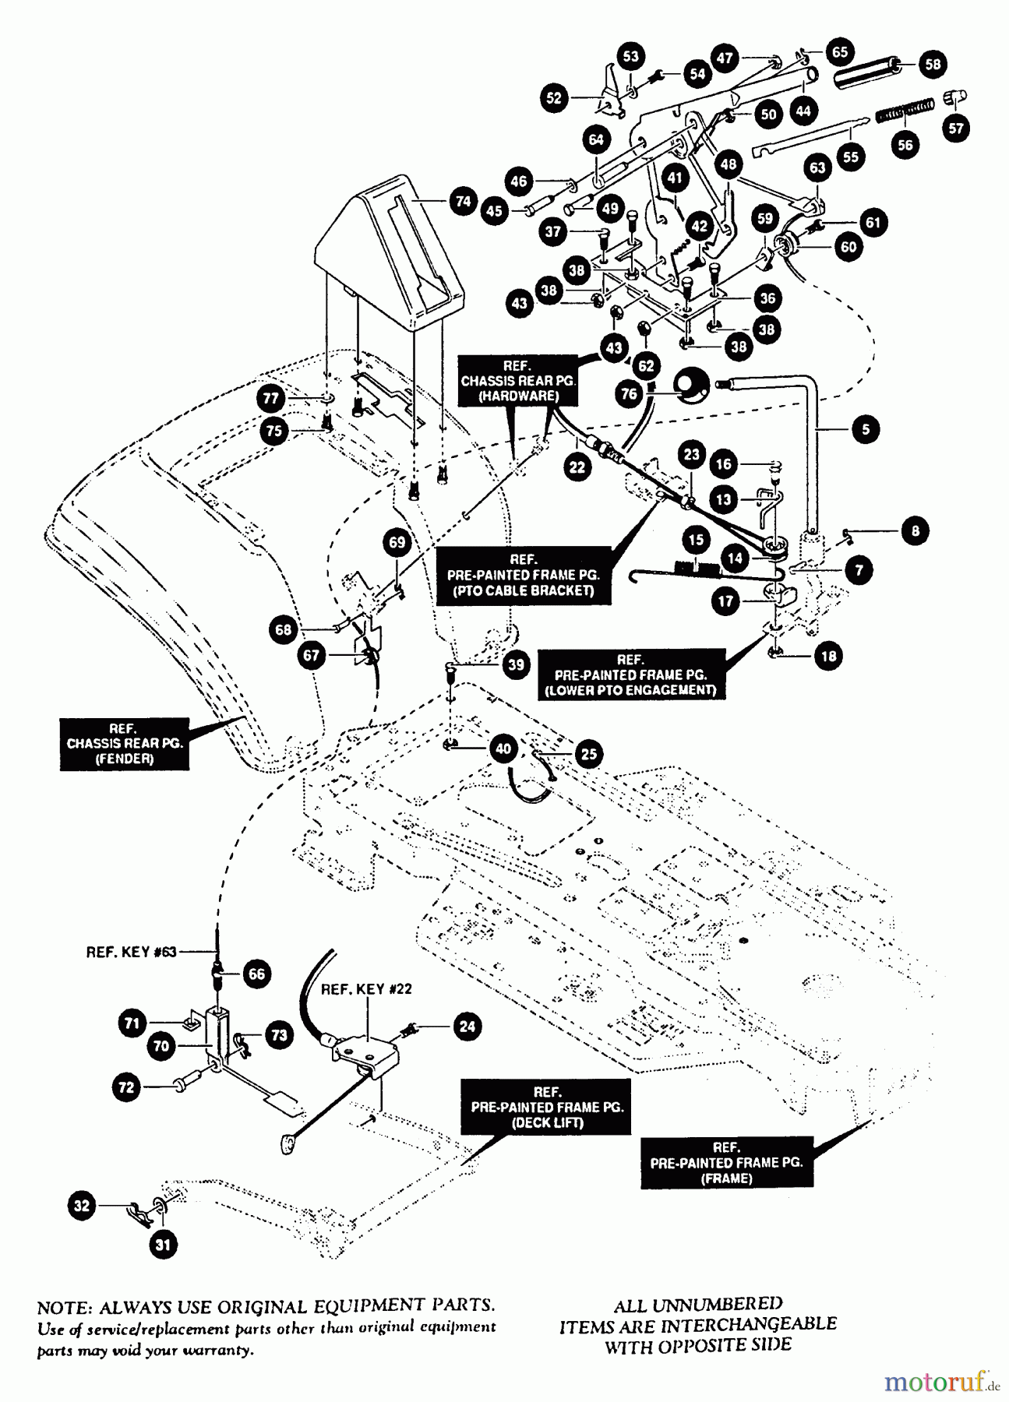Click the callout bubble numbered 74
(x=463, y=201)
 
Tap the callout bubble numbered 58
(x=933, y=64)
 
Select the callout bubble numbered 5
(x=865, y=428)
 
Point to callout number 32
(x=81, y=1206)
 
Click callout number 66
(x=256, y=974)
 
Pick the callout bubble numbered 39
(x=516, y=664)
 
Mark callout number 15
(x=696, y=540)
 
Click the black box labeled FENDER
(x=125, y=744)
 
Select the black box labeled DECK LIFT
(x=547, y=1107)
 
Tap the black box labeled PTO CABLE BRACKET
(x=523, y=575)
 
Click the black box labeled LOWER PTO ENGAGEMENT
(x=630, y=675)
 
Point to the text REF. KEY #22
(x=366, y=988)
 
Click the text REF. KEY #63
(x=132, y=951)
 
